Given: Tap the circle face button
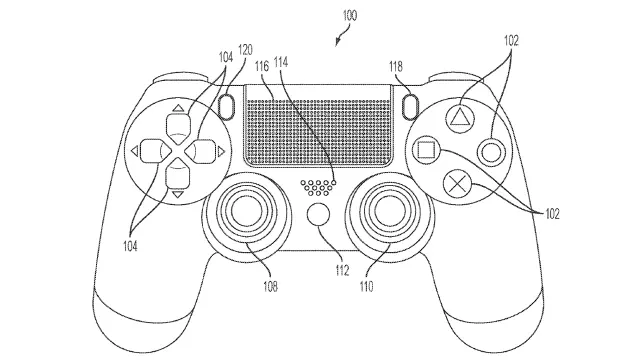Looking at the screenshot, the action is click(491, 152).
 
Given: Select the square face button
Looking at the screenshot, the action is click(426, 150).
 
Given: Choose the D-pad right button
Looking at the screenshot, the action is click(200, 151).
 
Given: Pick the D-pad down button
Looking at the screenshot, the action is click(178, 173).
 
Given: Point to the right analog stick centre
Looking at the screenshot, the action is click(389, 209).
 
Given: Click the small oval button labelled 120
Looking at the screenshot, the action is click(226, 106).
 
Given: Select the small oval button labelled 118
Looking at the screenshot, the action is click(411, 106).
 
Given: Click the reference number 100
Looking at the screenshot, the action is click(350, 16).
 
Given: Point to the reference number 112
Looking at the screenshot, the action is click(342, 270).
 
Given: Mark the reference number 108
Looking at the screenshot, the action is click(270, 287).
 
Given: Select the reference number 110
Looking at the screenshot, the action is click(366, 287).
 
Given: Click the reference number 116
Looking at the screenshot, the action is click(262, 66).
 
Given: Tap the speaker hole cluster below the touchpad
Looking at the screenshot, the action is click(318, 187).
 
